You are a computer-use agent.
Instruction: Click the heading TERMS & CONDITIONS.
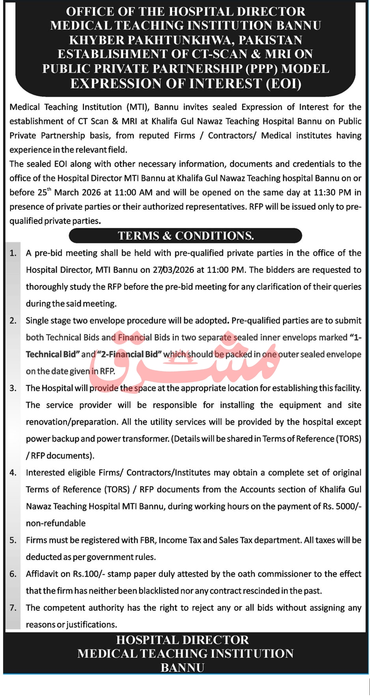point(185,236)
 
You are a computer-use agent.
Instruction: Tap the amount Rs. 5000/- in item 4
point(342,506)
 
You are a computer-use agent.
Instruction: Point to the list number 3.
point(13,388)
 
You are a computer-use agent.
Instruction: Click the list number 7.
point(13,608)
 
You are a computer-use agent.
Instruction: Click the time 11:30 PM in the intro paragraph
point(332,193)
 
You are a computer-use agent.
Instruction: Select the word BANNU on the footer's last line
point(182,668)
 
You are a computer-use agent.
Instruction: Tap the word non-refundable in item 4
point(56,523)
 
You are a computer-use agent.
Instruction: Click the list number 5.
point(13,540)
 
